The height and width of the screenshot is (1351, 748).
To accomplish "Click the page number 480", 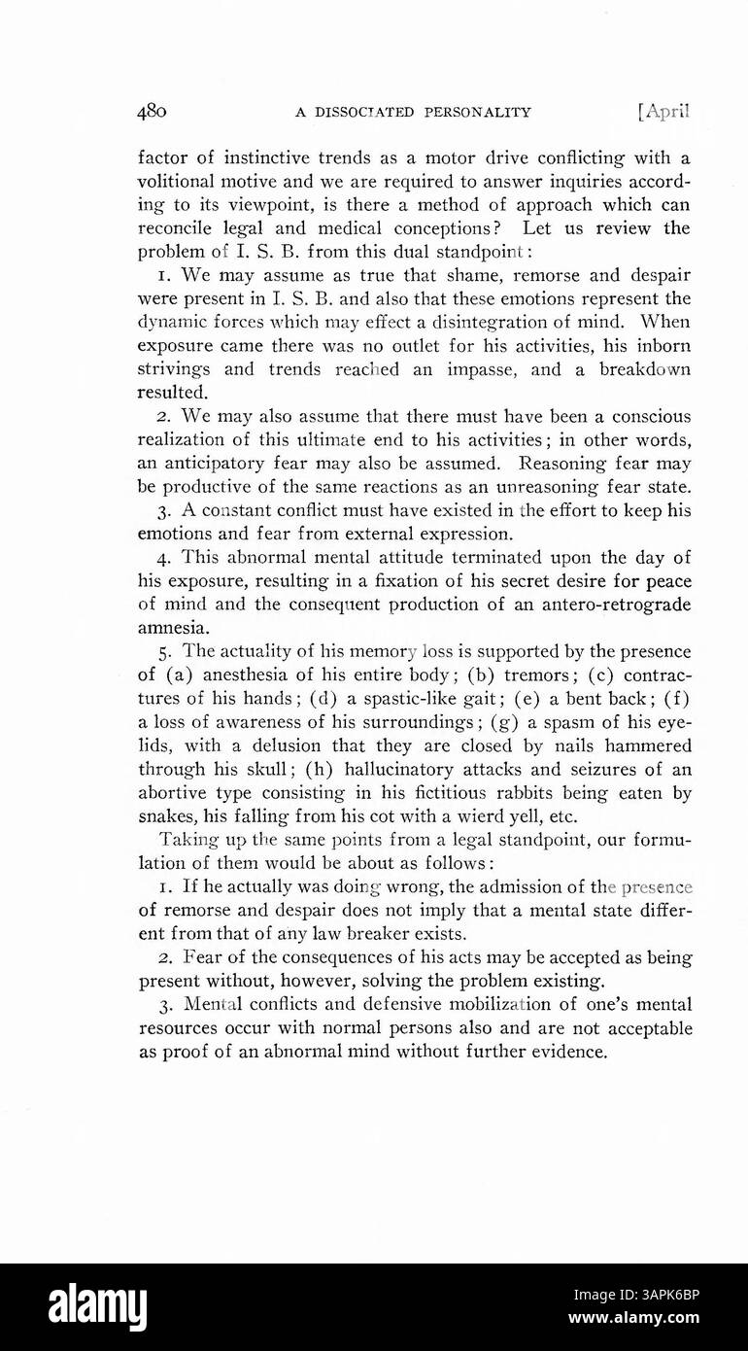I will [153, 111].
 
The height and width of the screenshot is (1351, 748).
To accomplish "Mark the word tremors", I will [537, 675].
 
